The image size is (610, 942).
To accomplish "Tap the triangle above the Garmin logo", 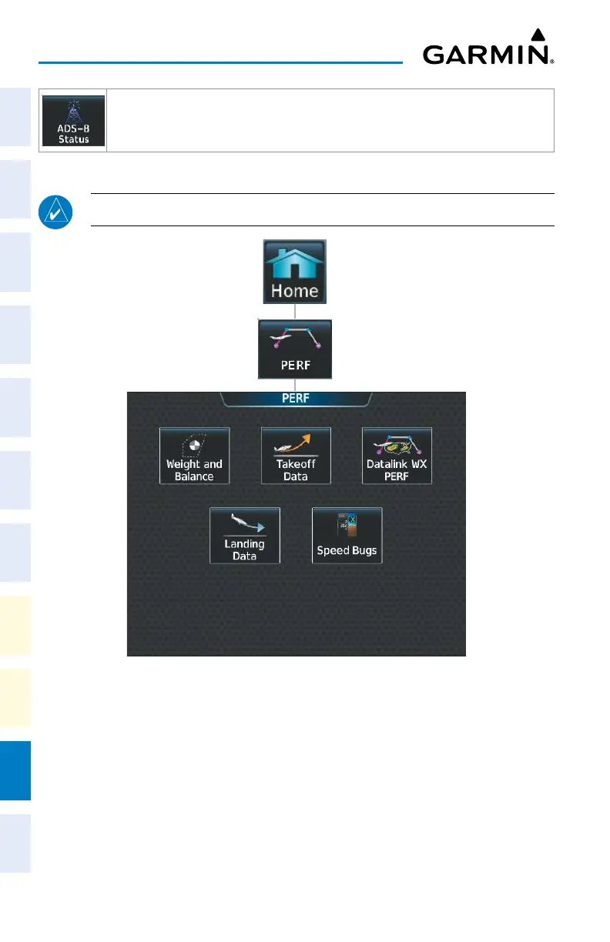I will [x=539, y=35].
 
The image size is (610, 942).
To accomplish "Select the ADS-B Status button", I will [x=73, y=121].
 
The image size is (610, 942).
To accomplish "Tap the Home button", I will [x=295, y=272].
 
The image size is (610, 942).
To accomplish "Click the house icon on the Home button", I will [x=295, y=263].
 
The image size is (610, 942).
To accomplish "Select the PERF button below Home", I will [x=295, y=349].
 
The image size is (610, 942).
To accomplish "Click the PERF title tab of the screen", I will [x=296, y=399].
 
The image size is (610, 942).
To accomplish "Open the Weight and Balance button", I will [x=194, y=456].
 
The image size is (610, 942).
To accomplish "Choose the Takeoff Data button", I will [x=296, y=456].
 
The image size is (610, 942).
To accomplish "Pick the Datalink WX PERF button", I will [x=397, y=456].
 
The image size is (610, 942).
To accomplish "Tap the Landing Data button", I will [x=245, y=535].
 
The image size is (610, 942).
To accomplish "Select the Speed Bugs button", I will [x=347, y=535].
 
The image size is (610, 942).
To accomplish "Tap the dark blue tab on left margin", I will [x=15, y=770].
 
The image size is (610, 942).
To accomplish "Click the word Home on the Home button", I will [x=295, y=291].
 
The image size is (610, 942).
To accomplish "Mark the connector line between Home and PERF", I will [x=295, y=312].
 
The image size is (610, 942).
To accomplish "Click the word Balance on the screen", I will [x=194, y=476].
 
